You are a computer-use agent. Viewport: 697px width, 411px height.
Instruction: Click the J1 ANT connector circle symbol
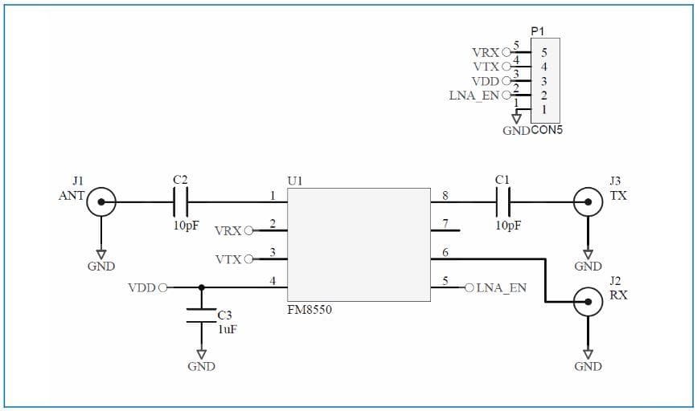[101, 201]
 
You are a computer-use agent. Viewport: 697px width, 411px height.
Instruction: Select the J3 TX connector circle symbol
[588, 201]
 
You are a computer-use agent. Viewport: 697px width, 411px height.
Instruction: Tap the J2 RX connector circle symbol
[588, 303]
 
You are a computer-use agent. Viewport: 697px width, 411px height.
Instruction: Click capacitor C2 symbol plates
[181, 201]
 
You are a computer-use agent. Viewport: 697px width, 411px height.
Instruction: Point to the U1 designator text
[295, 181]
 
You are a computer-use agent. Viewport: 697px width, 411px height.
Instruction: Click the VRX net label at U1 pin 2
[228, 231]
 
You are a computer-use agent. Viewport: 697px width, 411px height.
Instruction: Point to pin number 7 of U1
[445, 222]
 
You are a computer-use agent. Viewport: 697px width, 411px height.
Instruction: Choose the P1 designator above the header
[538, 31]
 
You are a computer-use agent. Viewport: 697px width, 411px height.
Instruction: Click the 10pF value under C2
[186, 226]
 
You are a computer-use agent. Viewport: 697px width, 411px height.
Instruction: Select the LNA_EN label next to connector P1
[474, 96]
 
